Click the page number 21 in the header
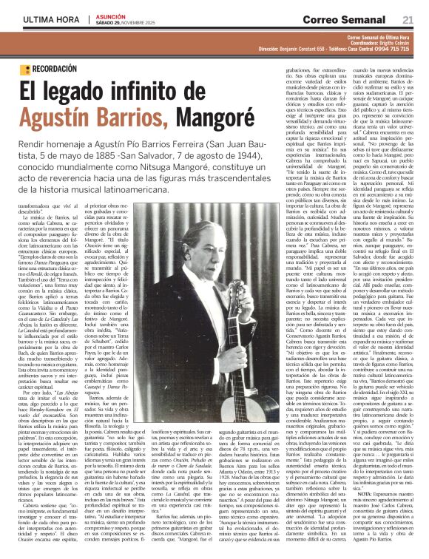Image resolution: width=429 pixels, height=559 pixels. (408, 19)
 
